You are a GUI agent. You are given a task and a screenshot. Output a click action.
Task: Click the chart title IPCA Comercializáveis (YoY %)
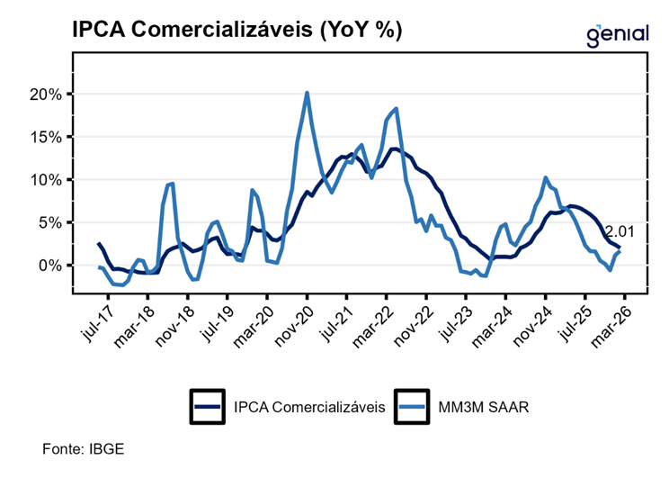coord(236,29)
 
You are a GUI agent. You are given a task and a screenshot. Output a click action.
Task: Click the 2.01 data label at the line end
coord(620,231)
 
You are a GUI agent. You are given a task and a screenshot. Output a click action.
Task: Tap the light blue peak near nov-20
coord(307,93)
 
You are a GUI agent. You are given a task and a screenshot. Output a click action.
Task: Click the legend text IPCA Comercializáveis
coord(308,407)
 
